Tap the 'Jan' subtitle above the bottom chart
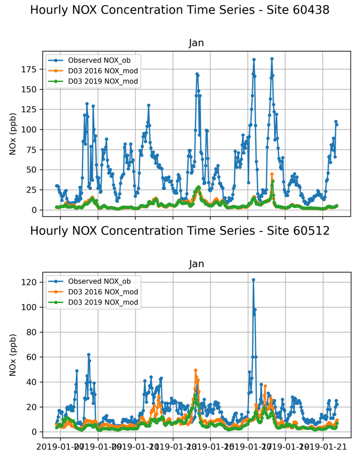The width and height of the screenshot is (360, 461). [x=196, y=264]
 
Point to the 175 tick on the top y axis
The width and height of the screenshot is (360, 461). [x=32, y=70]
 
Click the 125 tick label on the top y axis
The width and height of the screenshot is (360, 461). [x=32, y=110]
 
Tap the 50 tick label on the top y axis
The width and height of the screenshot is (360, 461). [x=34, y=170]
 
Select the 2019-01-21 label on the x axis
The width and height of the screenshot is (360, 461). [x=324, y=448]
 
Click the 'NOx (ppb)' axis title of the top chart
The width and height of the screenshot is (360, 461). [x=14, y=134]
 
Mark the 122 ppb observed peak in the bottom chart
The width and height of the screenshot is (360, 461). [x=253, y=280]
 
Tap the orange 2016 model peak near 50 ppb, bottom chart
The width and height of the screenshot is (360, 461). [x=195, y=370]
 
